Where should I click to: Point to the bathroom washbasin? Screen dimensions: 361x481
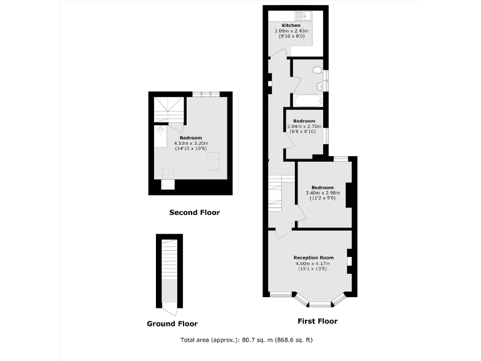(x=321, y=86)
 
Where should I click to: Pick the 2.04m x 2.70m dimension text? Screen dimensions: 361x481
(x=305, y=126)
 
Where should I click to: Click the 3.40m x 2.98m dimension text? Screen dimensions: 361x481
(x=323, y=192)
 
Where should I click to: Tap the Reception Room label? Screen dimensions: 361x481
(x=313, y=258)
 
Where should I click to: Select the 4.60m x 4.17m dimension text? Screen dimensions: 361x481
(x=313, y=263)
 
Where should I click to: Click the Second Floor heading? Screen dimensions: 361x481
(x=195, y=212)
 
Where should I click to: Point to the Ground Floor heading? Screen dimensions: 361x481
(x=172, y=324)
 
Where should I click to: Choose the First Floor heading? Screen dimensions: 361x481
(x=317, y=322)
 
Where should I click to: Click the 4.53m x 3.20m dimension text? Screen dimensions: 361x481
(x=191, y=143)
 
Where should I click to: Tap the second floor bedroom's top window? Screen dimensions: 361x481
(x=206, y=94)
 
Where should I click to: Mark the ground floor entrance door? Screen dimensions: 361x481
(x=170, y=308)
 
